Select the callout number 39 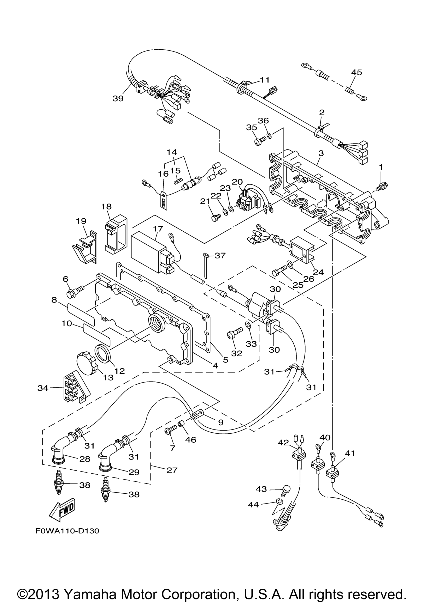pyautogui.click(x=118, y=98)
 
